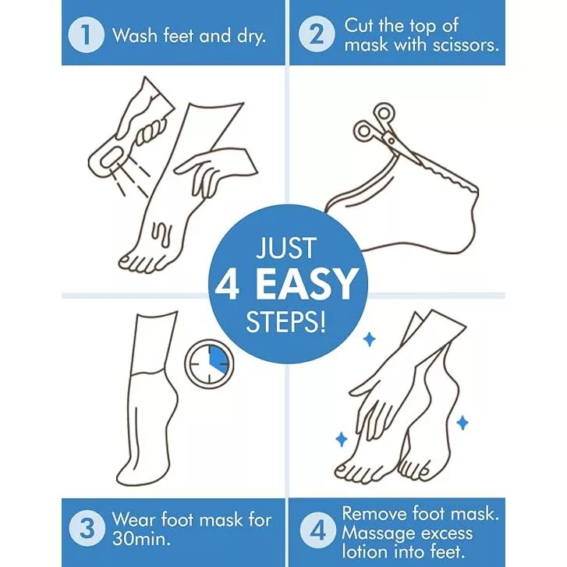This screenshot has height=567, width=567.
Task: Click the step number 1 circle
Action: coord(86,35)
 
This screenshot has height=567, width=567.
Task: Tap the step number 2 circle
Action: coord(317,35)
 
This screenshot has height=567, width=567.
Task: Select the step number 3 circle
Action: coord(87,529)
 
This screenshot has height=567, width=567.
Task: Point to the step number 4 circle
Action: coord(317,530)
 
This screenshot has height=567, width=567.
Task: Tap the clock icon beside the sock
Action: coord(209,363)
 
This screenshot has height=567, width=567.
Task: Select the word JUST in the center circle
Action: coord(286,248)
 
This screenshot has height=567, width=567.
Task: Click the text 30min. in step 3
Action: coord(142,539)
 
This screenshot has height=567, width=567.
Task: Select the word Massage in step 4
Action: coord(378,533)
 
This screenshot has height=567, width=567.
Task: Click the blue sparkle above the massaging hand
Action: coord(369,339)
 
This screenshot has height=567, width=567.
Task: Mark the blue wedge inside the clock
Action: coord(219,360)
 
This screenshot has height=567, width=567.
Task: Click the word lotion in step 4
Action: coord(364,552)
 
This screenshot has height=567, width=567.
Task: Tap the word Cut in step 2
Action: coord(359,26)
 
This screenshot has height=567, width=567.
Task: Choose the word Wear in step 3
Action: coord(133,519)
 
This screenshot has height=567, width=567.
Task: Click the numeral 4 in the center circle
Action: coord(227,285)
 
